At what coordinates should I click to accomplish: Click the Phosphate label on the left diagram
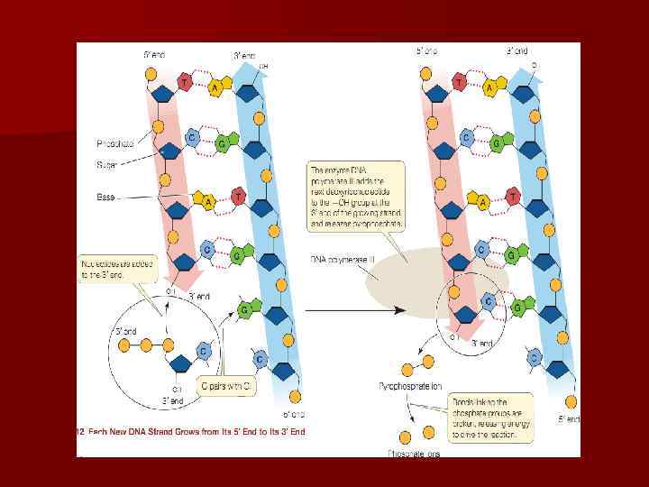(x=114, y=143)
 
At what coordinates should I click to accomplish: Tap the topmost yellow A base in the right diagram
(x=489, y=87)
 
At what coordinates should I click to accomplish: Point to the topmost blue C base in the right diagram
(x=466, y=137)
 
